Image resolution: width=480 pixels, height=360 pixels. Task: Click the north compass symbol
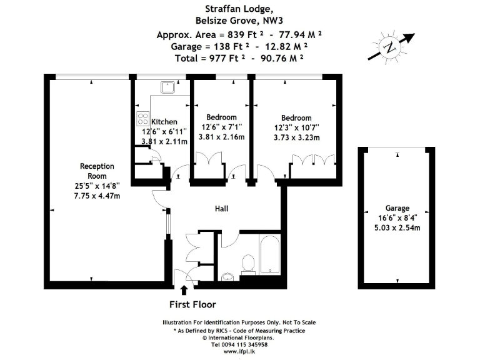pyautogui.click(x=390, y=47)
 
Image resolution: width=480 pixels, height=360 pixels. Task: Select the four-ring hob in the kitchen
pyautogui.click(x=142, y=119)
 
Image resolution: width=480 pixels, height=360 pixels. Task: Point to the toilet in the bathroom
pyautogui.click(x=248, y=264)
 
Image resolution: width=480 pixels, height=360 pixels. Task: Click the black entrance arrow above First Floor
pyautogui.click(x=184, y=290)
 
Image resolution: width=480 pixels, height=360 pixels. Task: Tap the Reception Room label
pyautogui.click(x=97, y=171)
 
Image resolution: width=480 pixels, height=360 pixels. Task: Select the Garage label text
pyautogui.click(x=397, y=208)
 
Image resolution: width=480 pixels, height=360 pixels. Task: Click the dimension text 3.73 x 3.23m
pyautogui.click(x=296, y=137)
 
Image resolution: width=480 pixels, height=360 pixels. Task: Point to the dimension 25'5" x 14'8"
pyautogui.click(x=97, y=186)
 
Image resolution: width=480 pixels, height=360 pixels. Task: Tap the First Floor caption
pyautogui.click(x=193, y=305)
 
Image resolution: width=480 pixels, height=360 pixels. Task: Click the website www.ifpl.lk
pyautogui.click(x=239, y=352)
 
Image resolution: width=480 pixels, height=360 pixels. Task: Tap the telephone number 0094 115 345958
pyautogui.click(x=239, y=344)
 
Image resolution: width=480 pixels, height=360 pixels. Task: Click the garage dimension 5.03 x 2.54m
pyautogui.click(x=397, y=228)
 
